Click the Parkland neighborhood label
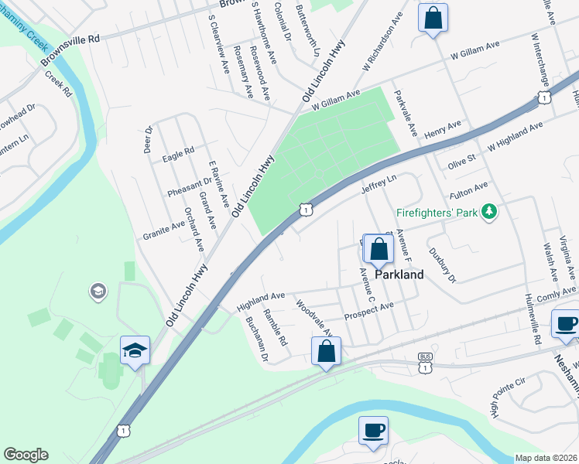(399, 275)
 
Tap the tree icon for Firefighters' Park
(488, 211)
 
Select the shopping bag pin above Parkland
(379, 250)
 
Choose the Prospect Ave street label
(369, 309)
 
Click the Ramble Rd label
(275, 327)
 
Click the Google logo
(26, 455)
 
